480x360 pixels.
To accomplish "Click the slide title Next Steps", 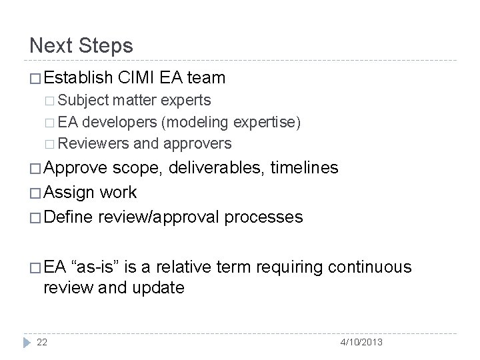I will click(81, 46).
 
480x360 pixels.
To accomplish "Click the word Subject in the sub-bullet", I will click(83, 101).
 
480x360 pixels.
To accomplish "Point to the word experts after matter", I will click(187, 101).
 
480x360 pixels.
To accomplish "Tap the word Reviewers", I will click(94, 143).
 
